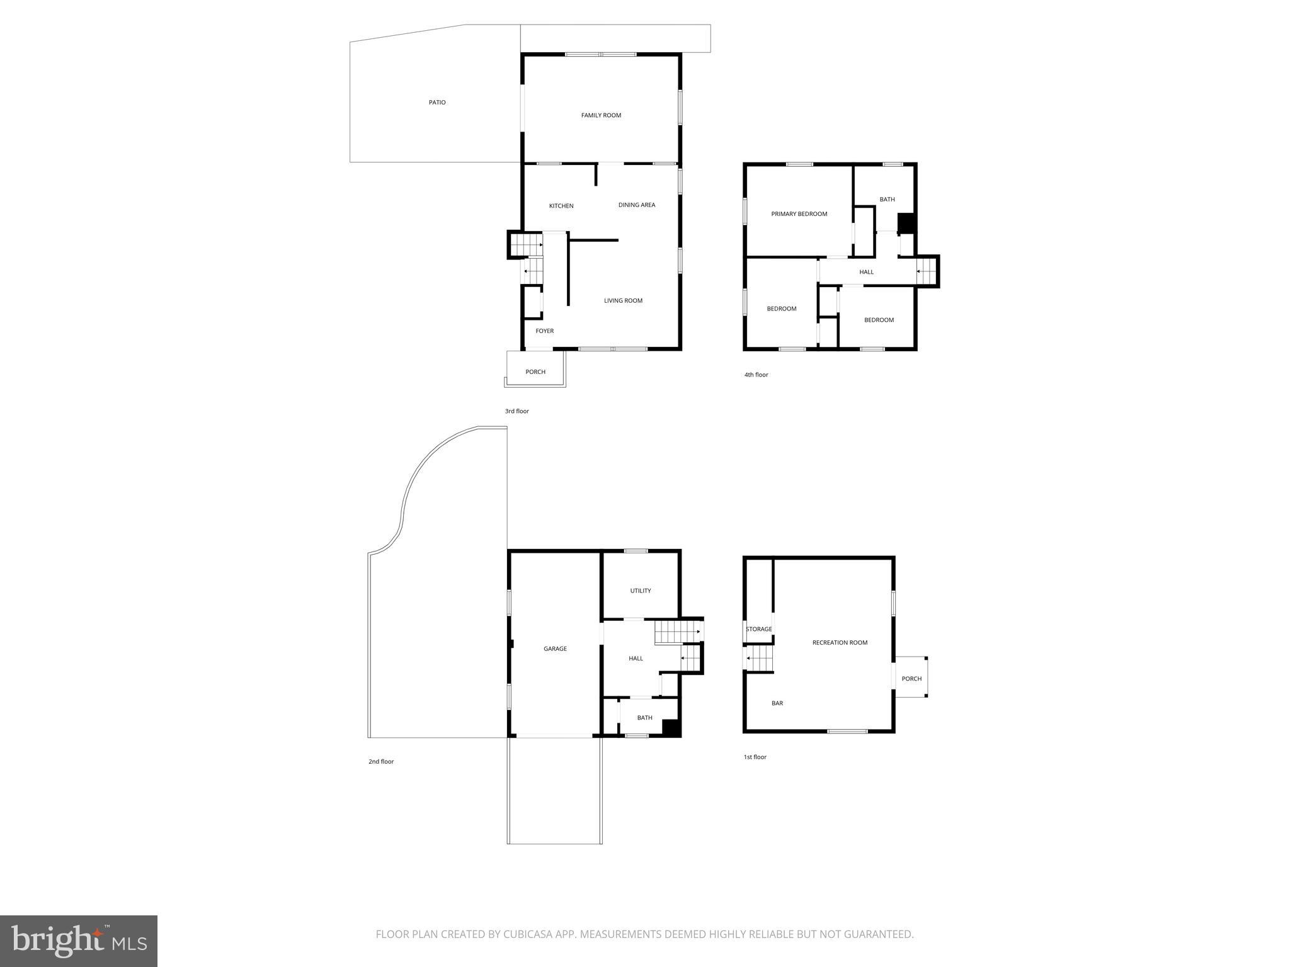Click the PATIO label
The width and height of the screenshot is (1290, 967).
pyautogui.click(x=437, y=103)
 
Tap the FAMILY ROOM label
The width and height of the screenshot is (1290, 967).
pyautogui.click(x=601, y=115)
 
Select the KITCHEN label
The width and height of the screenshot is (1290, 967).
pyautogui.click(x=561, y=206)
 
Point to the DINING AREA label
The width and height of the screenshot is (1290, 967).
pyautogui.click(x=636, y=205)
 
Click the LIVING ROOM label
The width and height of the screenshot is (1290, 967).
pyautogui.click(x=623, y=300)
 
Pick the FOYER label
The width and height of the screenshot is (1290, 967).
pyautogui.click(x=545, y=331)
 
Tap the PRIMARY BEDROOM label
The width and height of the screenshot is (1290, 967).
pyautogui.click(x=799, y=214)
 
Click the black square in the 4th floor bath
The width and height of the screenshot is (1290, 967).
pyautogui.click(x=905, y=223)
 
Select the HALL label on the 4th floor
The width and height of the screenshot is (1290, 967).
pyautogui.click(x=867, y=272)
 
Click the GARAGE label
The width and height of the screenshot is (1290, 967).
pyautogui.click(x=555, y=648)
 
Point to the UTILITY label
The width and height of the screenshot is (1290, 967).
pyautogui.click(x=641, y=591)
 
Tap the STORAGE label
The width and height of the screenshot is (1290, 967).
pyautogui.click(x=758, y=629)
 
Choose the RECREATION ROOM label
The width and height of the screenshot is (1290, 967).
pyautogui.click(x=840, y=643)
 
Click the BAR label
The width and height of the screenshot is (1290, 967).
pyautogui.click(x=777, y=703)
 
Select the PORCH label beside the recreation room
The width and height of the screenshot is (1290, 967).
pyautogui.click(x=911, y=679)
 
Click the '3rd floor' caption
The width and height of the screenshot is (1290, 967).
pyautogui.click(x=517, y=411)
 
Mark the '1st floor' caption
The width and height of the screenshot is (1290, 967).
pyautogui.click(x=755, y=757)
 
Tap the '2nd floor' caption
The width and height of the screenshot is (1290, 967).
pyautogui.click(x=381, y=762)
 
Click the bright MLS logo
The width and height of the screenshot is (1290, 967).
pyautogui.click(x=79, y=941)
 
